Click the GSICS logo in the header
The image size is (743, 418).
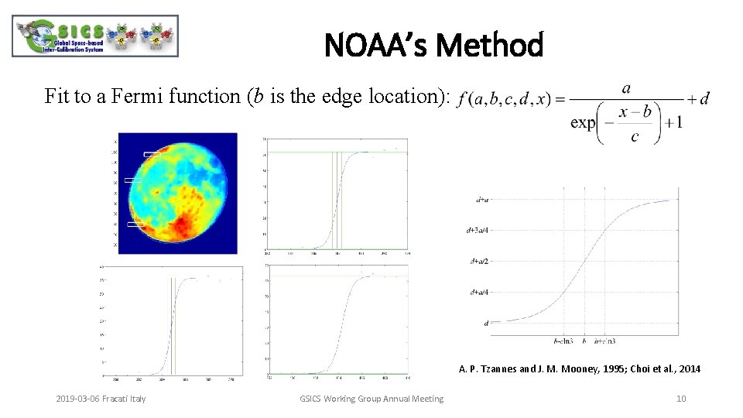[94, 36]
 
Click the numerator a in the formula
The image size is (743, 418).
[625, 88]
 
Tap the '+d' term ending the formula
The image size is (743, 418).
[698, 99]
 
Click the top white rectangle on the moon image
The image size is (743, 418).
[152, 155]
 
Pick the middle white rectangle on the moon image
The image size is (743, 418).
[133, 180]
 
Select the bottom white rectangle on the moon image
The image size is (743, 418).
[136, 224]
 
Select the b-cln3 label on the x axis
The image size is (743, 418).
[563, 341]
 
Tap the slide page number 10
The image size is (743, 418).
[681, 399]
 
